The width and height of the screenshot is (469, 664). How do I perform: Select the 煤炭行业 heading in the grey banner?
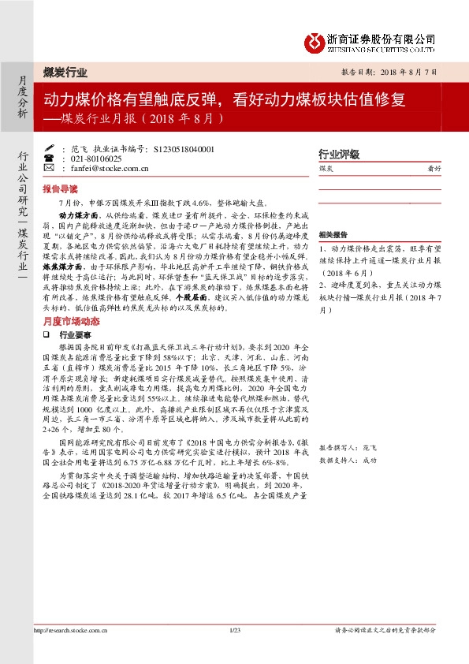pos(65,73)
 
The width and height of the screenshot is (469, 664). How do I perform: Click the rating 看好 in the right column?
pos(434,169)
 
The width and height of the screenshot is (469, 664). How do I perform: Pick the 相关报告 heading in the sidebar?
pos(333,235)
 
